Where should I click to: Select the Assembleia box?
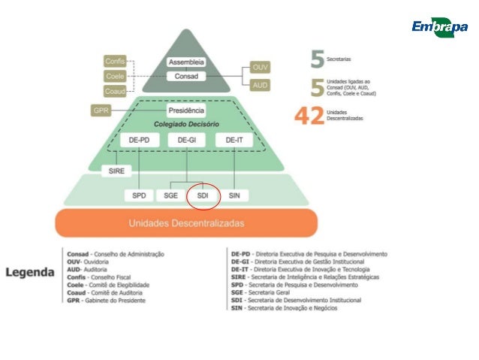click(186, 62)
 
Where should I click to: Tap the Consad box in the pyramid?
click(186, 77)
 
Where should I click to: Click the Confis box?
click(115, 61)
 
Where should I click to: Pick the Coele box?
click(115, 76)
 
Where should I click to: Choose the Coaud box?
click(115, 91)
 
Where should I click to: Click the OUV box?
click(260, 68)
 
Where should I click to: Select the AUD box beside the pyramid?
click(260, 85)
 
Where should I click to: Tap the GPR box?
click(101, 110)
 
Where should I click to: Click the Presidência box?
click(186, 110)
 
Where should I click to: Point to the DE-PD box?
click(140, 140)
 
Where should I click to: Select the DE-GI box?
click(186, 140)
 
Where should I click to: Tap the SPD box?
click(140, 195)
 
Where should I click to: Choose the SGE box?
click(170, 195)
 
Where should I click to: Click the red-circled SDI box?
click(203, 195)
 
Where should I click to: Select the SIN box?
click(233, 195)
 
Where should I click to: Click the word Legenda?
click(30, 272)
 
